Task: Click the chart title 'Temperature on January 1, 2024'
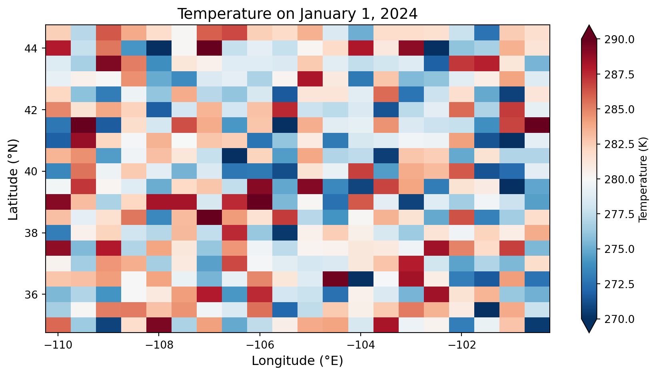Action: point(298,14)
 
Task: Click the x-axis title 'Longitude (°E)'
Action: point(298,361)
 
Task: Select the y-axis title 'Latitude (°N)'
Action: point(14,178)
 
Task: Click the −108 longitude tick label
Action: point(159,345)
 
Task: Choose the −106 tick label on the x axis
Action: point(260,345)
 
